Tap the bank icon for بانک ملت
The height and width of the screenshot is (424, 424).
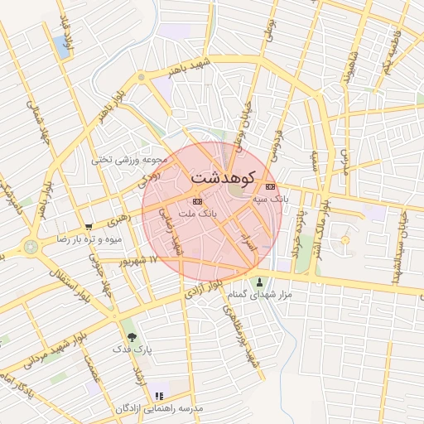coord(196,201)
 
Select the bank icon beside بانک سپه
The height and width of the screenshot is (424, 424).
coord(270,186)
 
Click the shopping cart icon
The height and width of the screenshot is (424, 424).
coord(89,226)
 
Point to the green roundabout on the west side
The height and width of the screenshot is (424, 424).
coord(31,247)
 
